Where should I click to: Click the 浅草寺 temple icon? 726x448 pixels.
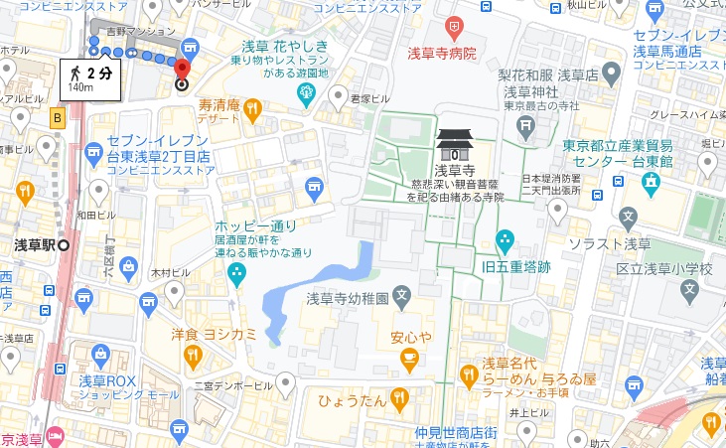(456, 146)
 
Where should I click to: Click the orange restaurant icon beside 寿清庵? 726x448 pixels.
(253, 107)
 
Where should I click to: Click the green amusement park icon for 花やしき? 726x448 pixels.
(307, 95)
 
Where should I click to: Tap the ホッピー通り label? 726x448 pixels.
(256, 226)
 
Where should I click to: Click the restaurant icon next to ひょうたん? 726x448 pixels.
(399, 399)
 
